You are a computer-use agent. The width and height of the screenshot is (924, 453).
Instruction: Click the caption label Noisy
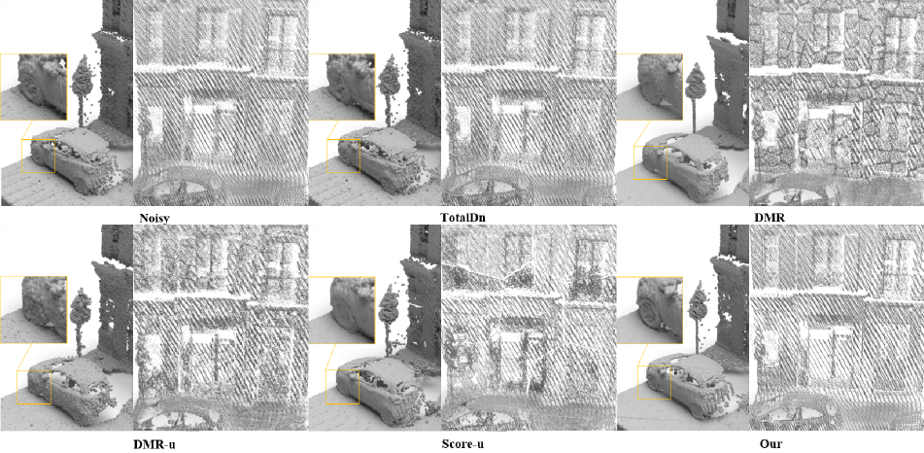154,219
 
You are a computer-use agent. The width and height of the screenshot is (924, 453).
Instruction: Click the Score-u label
463,443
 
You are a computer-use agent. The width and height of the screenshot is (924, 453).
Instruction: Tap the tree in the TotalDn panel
389,88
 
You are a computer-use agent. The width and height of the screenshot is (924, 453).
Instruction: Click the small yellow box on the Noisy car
38,157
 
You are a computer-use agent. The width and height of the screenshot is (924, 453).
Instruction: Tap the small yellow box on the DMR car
650,162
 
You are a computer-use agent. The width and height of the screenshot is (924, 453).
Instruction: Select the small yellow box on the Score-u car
342,386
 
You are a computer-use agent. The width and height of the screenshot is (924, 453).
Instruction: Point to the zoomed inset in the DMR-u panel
34,310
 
